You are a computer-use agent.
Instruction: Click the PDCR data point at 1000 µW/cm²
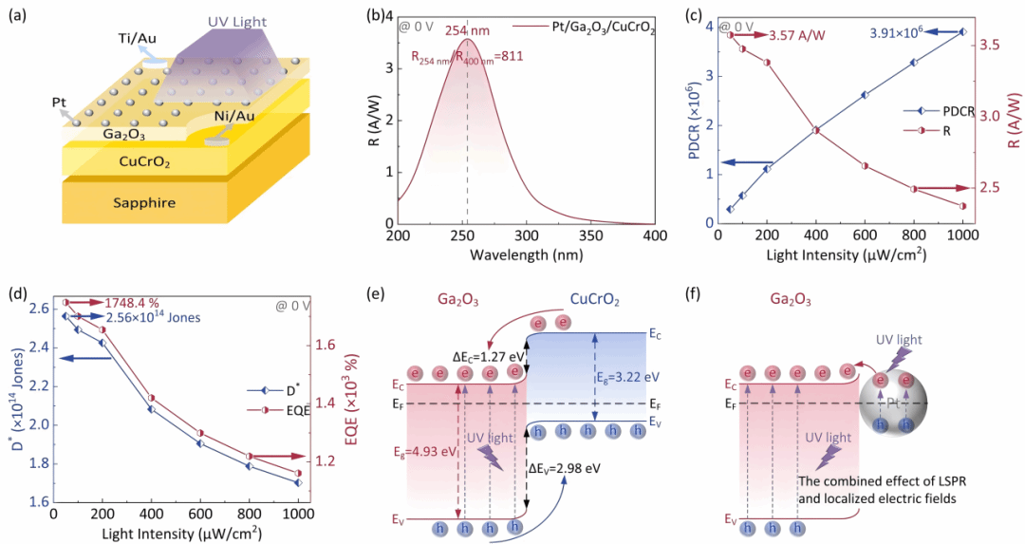tap(963, 32)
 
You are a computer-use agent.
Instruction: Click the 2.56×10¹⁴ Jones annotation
tap(153, 318)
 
